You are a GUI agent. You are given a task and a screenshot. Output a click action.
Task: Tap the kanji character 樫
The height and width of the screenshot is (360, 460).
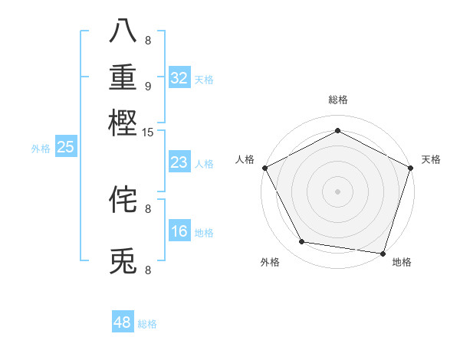pyautogui.click(x=123, y=123)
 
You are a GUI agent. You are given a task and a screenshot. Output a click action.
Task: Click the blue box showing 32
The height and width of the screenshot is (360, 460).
pyautogui.click(x=179, y=77)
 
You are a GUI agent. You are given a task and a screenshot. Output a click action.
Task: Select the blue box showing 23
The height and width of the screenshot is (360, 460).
pyautogui.click(x=179, y=162)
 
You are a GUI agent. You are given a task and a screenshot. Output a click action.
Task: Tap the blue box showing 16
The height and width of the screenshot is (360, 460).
pyautogui.click(x=179, y=231)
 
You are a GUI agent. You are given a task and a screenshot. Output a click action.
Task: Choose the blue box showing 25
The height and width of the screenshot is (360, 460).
pyautogui.click(x=65, y=147)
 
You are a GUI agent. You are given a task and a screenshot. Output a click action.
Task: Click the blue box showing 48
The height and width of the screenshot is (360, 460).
pyautogui.click(x=123, y=322)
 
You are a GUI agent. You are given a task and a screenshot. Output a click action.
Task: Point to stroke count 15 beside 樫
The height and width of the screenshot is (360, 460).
pyautogui.click(x=148, y=133)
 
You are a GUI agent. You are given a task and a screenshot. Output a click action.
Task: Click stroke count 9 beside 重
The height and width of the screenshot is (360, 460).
pyautogui.click(x=148, y=85)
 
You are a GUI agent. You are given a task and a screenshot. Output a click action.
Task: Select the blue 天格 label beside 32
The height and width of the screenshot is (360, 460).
pyautogui.click(x=204, y=79)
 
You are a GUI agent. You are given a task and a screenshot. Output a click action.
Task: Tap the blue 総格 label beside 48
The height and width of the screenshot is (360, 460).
pyautogui.click(x=147, y=324)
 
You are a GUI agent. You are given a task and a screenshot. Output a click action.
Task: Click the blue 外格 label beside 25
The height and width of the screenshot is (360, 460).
pyautogui.click(x=40, y=149)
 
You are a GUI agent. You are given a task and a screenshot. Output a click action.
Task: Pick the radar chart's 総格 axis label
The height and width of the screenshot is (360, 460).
pyautogui.click(x=337, y=100)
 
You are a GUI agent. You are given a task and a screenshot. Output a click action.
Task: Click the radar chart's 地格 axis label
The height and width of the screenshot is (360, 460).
pyautogui.click(x=402, y=263)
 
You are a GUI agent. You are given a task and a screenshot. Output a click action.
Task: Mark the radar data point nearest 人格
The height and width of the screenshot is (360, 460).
pyautogui.click(x=264, y=167)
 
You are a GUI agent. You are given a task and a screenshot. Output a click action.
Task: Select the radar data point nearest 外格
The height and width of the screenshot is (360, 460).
pyautogui.click(x=302, y=242)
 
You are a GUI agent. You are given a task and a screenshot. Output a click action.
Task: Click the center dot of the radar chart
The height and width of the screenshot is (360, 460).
pyautogui.click(x=337, y=191)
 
